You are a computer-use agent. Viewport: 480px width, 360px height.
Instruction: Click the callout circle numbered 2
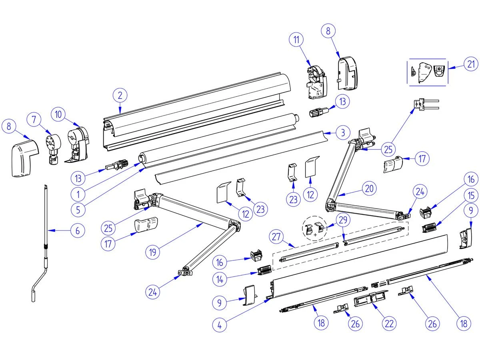point(120,96)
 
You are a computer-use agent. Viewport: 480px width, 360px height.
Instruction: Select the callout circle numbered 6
point(78,230)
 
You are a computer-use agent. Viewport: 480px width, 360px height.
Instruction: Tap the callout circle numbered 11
point(296,40)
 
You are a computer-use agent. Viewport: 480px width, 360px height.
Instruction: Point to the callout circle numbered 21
point(471,64)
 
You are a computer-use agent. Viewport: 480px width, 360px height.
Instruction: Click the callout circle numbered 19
point(153,252)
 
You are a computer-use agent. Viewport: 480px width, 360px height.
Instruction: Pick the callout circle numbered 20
point(370,188)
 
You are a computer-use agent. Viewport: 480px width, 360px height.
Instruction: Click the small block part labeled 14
point(265,271)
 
